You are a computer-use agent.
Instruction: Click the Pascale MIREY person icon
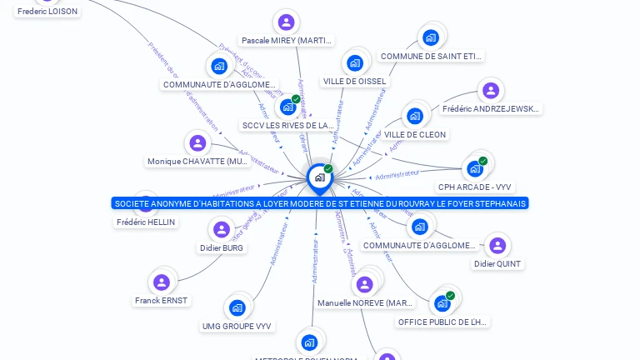point(286,22)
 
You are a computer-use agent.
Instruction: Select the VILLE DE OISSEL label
point(355,82)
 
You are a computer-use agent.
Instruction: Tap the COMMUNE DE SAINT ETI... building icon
point(430,37)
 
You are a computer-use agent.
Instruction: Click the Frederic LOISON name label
point(47,12)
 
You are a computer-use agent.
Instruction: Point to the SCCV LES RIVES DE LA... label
point(287,126)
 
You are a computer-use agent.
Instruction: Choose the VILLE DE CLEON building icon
point(415,116)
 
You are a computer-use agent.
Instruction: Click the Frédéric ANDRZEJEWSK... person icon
point(491,91)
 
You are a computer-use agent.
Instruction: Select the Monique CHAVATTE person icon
point(197,143)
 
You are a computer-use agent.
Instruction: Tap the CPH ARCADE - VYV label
point(473,187)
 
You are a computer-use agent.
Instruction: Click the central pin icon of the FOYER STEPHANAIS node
point(319,177)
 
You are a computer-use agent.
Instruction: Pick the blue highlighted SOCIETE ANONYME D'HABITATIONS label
point(321,203)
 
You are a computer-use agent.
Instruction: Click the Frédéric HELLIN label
point(147,222)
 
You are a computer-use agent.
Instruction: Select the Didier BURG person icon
point(222,229)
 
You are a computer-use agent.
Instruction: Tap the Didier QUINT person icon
point(497,246)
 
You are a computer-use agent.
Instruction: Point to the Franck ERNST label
point(162,300)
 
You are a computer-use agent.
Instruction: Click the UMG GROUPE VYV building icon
point(237,308)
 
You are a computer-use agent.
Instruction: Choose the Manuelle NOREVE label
point(365,303)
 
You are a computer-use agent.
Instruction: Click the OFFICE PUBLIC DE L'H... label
point(442,322)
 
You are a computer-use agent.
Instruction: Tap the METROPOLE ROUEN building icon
point(309,342)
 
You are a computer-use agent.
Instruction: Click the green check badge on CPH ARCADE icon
point(482,161)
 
